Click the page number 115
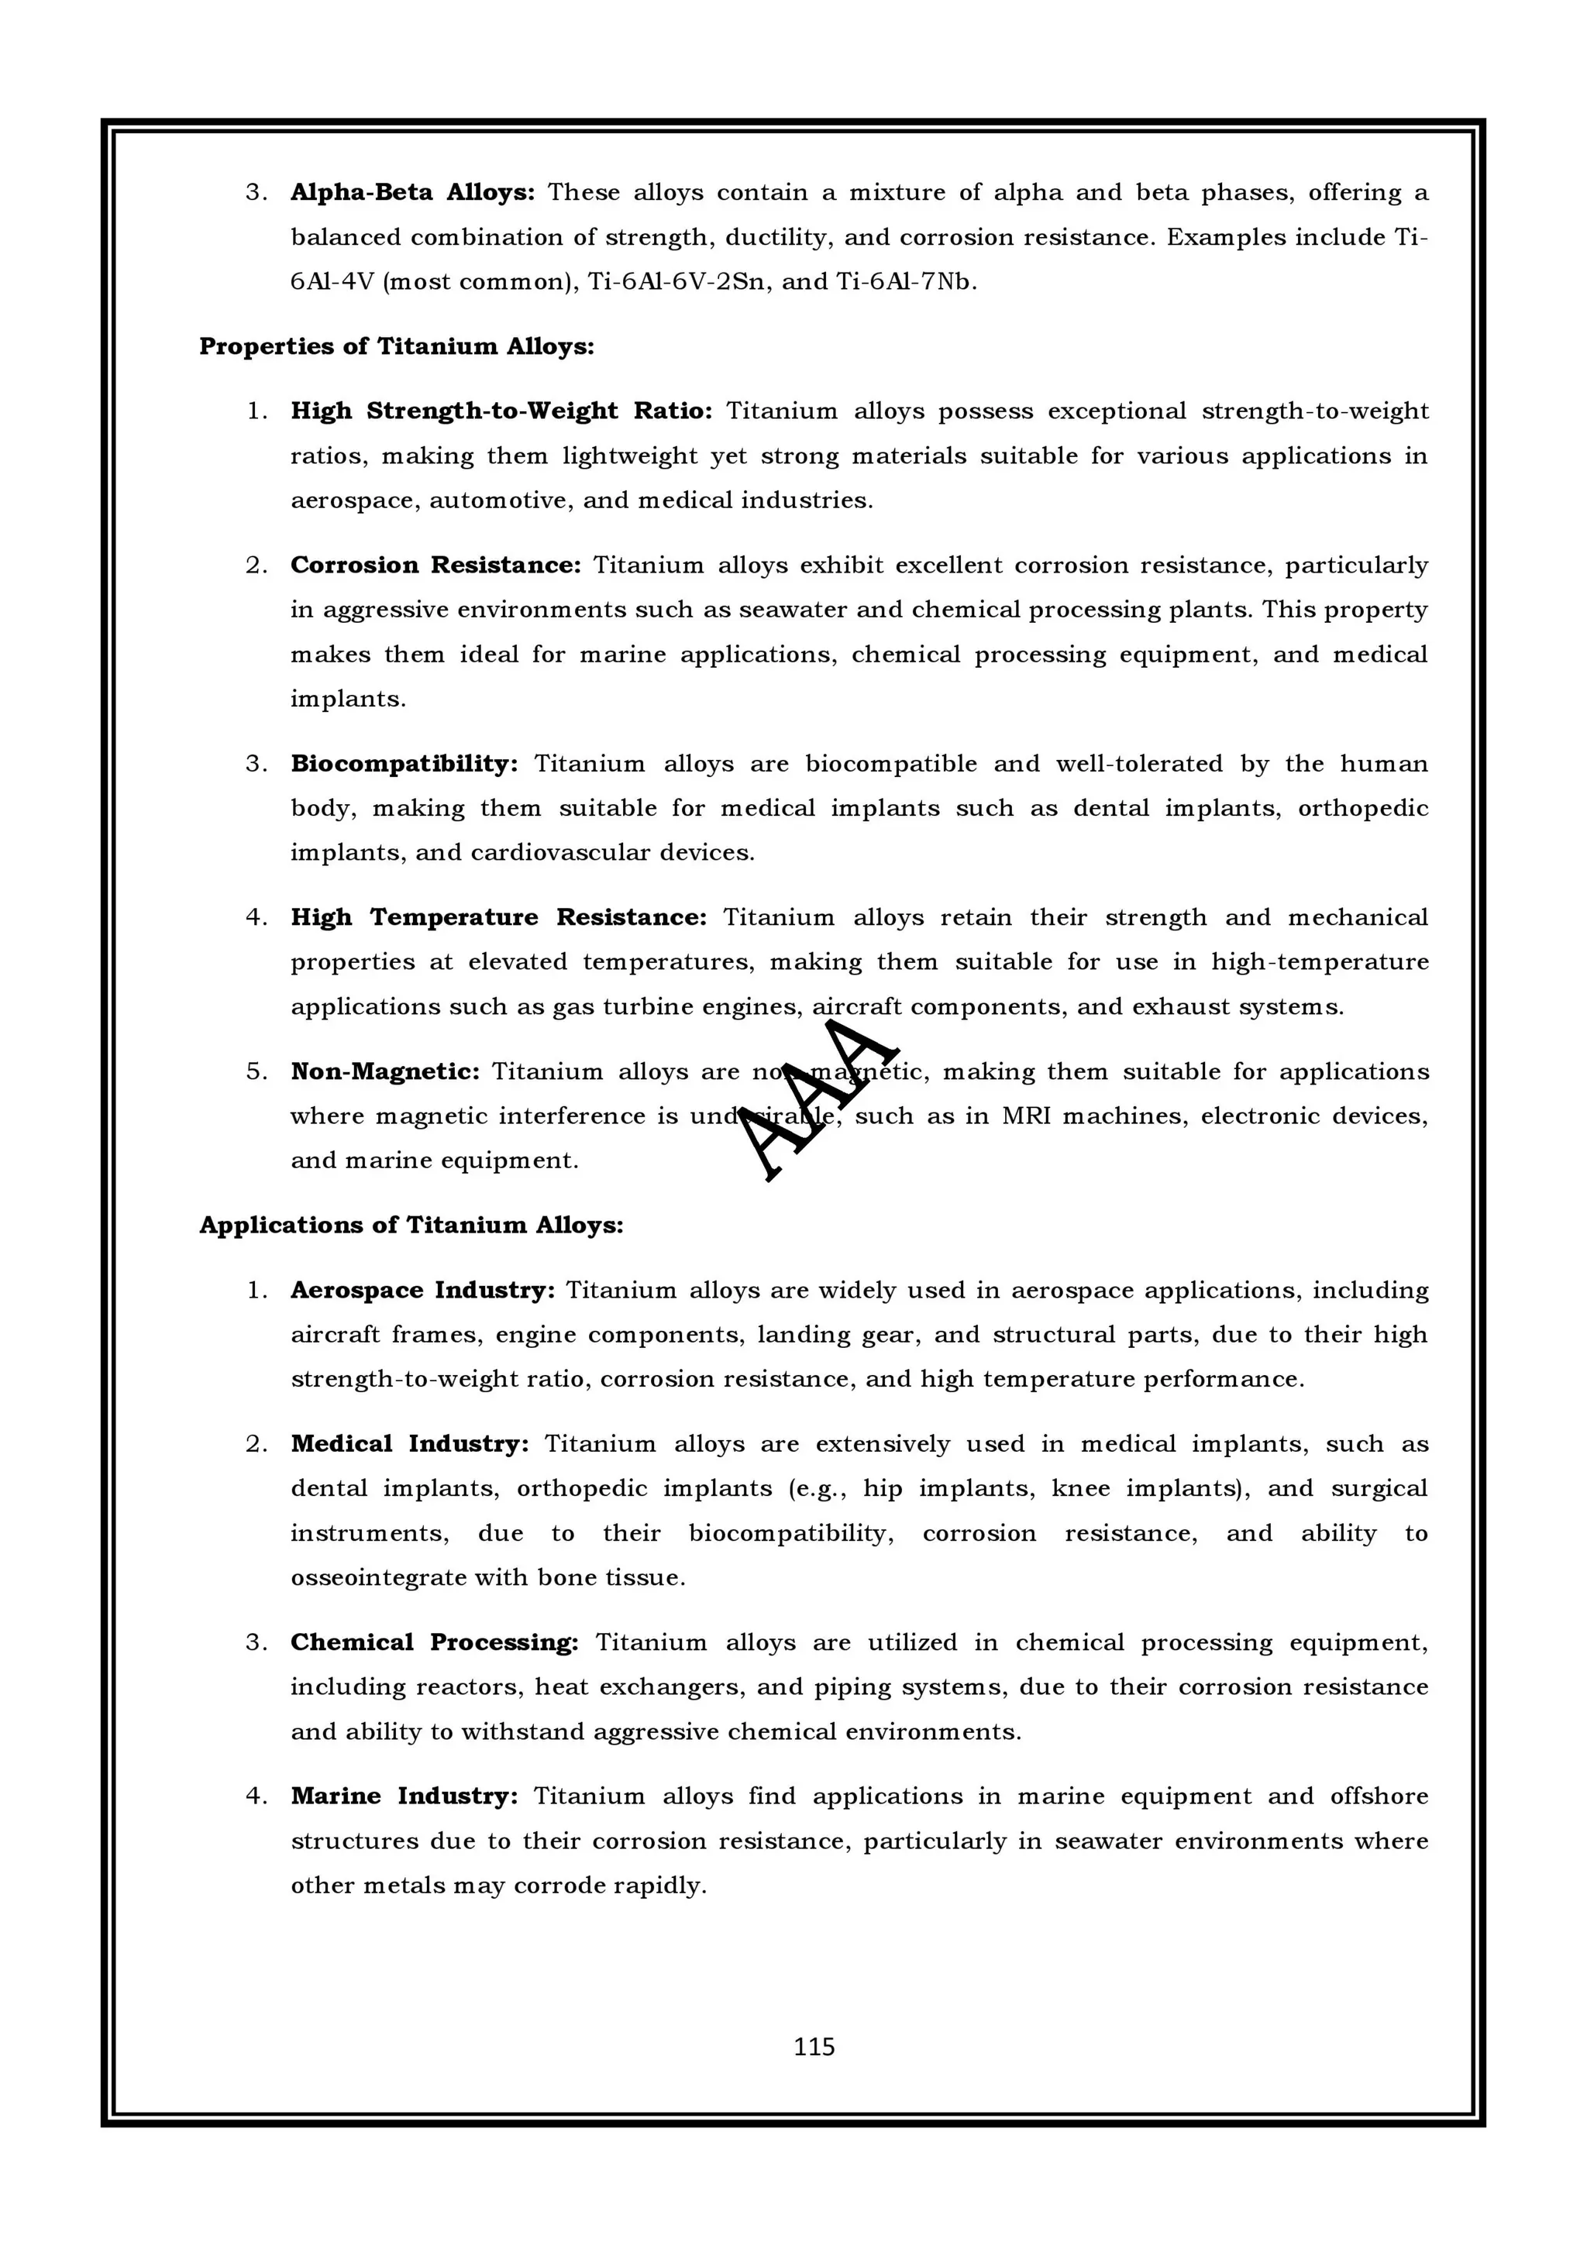pyautogui.click(x=814, y=2047)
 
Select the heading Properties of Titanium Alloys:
pyautogui.click(x=396, y=346)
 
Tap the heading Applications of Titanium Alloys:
pyautogui.click(x=411, y=1226)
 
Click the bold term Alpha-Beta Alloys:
pyautogui.click(x=411, y=193)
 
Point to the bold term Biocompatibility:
pyautogui.click(x=404, y=764)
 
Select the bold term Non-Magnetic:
pyautogui.click(x=384, y=1071)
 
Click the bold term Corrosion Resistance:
pyautogui.click(x=435, y=566)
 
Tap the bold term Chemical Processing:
pyautogui.click(x=434, y=1642)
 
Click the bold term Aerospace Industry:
pyautogui.click(x=422, y=1291)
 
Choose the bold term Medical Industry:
pyautogui.click(x=408, y=1444)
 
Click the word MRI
pyautogui.click(x=1026, y=1116)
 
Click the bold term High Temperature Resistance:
pyautogui.click(x=497, y=917)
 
